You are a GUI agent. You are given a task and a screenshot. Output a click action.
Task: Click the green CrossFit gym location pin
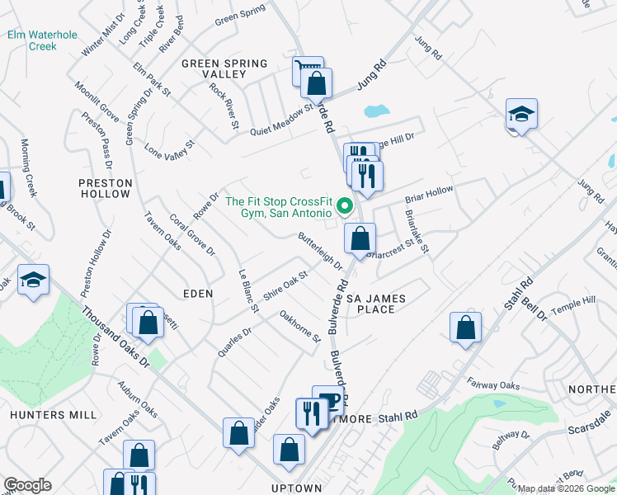click(x=347, y=205)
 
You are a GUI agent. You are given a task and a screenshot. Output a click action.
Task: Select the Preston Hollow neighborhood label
click(x=105, y=188)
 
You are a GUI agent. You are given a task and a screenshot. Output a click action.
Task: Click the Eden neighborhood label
click(x=198, y=293)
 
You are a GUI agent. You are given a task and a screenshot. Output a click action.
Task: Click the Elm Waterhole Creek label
click(x=32, y=40)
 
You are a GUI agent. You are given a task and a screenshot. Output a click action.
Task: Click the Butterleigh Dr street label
click(x=320, y=252)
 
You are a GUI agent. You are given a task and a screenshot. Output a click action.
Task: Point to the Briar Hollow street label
click(x=428, y=195)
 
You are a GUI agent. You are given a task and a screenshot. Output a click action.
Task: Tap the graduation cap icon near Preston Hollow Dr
click(x=34, y=280)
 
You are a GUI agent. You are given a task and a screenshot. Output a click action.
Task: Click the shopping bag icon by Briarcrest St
click(x=360, y=239)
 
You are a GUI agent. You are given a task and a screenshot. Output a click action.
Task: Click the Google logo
click(x=27, y=485)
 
